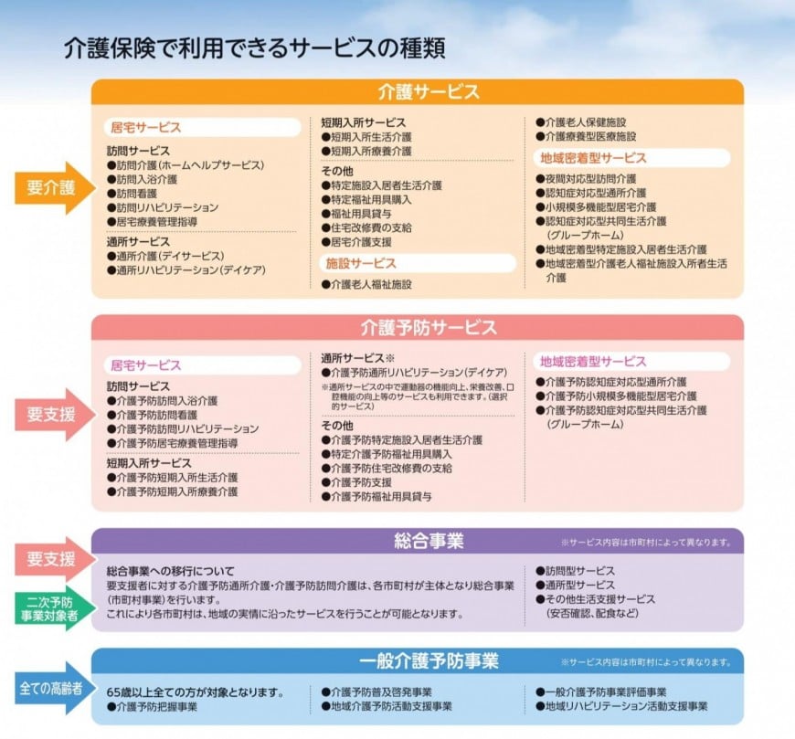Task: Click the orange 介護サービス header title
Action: [x=429, y=91]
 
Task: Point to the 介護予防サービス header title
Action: [x=429, y=327]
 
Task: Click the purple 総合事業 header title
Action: [x=429, y=541]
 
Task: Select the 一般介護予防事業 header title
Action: [x=429, y=660]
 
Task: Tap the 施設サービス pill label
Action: [x=360, y=263]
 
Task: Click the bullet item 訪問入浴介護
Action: [x=142, y=179]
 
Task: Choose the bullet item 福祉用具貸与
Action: [x=356, y=214]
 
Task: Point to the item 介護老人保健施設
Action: [x=581, y=122]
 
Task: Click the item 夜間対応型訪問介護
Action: [x=586, y=179]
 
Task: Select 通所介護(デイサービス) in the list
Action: [x=165, y=256]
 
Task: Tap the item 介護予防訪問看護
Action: [x=152, y=415]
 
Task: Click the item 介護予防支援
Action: [x=356, y=482]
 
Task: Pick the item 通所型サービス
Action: [x=575, y=585]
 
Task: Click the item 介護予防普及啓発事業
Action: [x=376, y=692]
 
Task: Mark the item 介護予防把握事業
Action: [x=152, y=706]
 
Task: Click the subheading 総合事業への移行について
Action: [x=170, y=571]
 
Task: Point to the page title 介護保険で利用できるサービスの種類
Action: [x=255, y=48]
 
